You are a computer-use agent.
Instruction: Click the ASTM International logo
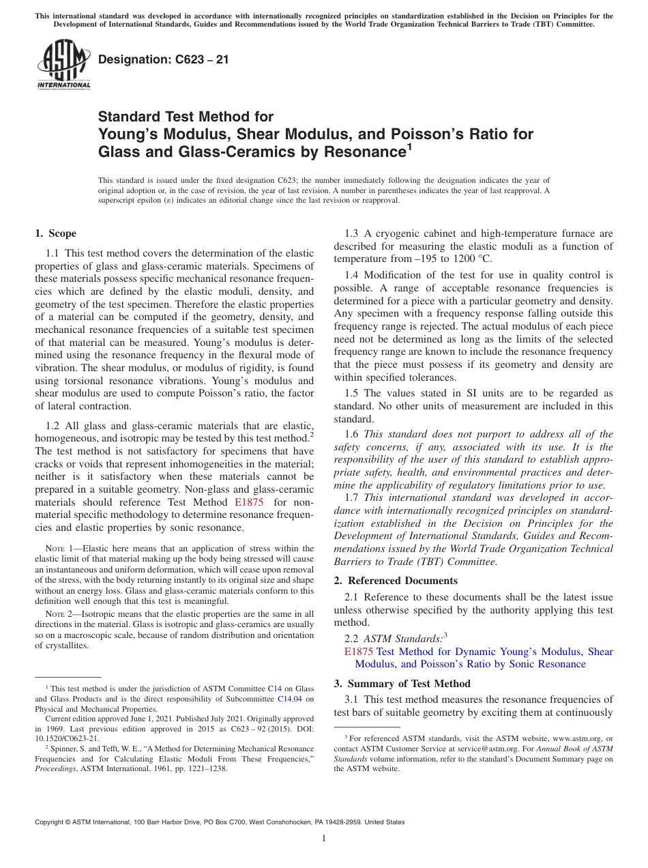[63, 64]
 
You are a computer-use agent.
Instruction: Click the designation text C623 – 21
[164, 59]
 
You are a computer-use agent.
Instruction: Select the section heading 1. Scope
[55, 233]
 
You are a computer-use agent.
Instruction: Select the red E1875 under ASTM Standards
[359, 652]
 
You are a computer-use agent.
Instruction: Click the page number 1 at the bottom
[324, 839]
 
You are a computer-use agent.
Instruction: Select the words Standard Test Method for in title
[186, 117]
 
